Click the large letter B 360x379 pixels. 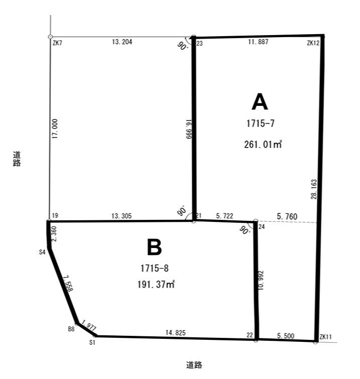[x=154, y=247]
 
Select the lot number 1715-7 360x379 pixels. [x=261, y=123]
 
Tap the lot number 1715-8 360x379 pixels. [x=155, y=268]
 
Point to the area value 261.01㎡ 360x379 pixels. [x=263, y=144]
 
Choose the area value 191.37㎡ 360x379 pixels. [x=156, y=284]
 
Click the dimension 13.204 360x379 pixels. [x=122, y=42]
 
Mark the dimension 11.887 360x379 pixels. [x=258, y=42]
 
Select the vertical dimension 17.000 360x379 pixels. [x=55, y=129]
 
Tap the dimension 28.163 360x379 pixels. [x=314, y=189]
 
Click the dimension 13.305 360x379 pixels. [x=122, y=216]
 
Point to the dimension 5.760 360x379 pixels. [x=287, y=216]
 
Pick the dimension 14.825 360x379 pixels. [x=176, y=333]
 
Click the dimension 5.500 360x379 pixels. [x=286, y=336]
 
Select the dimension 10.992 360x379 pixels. [x=261, y=281]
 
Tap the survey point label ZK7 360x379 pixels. [x=58, y=43]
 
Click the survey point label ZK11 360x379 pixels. [x=326, y=337]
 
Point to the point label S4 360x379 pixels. [x=42, y=252]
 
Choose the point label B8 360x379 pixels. [x=71, y=329]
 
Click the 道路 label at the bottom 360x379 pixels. [x=194, y=365]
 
